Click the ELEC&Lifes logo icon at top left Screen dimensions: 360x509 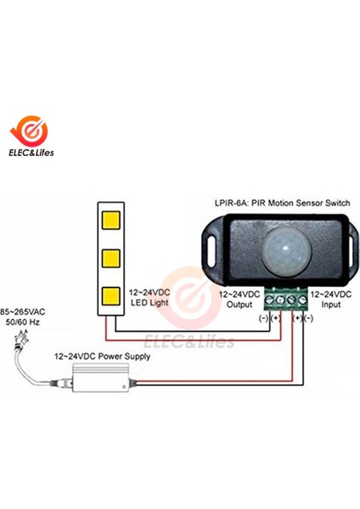click(29, 131)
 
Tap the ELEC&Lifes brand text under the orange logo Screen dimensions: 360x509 click(31, 153)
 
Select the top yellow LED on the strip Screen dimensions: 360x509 click(110, 220)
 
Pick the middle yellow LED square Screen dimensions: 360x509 click(110, 259)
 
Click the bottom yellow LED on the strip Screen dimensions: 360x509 click(110, 296)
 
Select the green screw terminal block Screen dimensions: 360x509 click(286, 299)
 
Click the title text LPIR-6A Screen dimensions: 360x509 click(228, 203)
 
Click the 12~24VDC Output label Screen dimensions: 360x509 click(239, 299)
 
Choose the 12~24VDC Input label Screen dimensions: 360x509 click(331, 299)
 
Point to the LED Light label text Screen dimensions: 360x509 click(149, 303)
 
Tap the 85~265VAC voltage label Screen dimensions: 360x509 click(22, 312)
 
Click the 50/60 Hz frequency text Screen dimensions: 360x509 click(23, 322)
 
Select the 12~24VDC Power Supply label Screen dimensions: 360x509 click(103, 356)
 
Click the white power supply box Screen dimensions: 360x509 click(101, 378)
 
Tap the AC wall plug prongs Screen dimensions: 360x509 click(21, 337)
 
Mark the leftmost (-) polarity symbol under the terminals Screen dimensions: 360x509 click(263, 318)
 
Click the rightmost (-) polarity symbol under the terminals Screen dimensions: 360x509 click(308, 318)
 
